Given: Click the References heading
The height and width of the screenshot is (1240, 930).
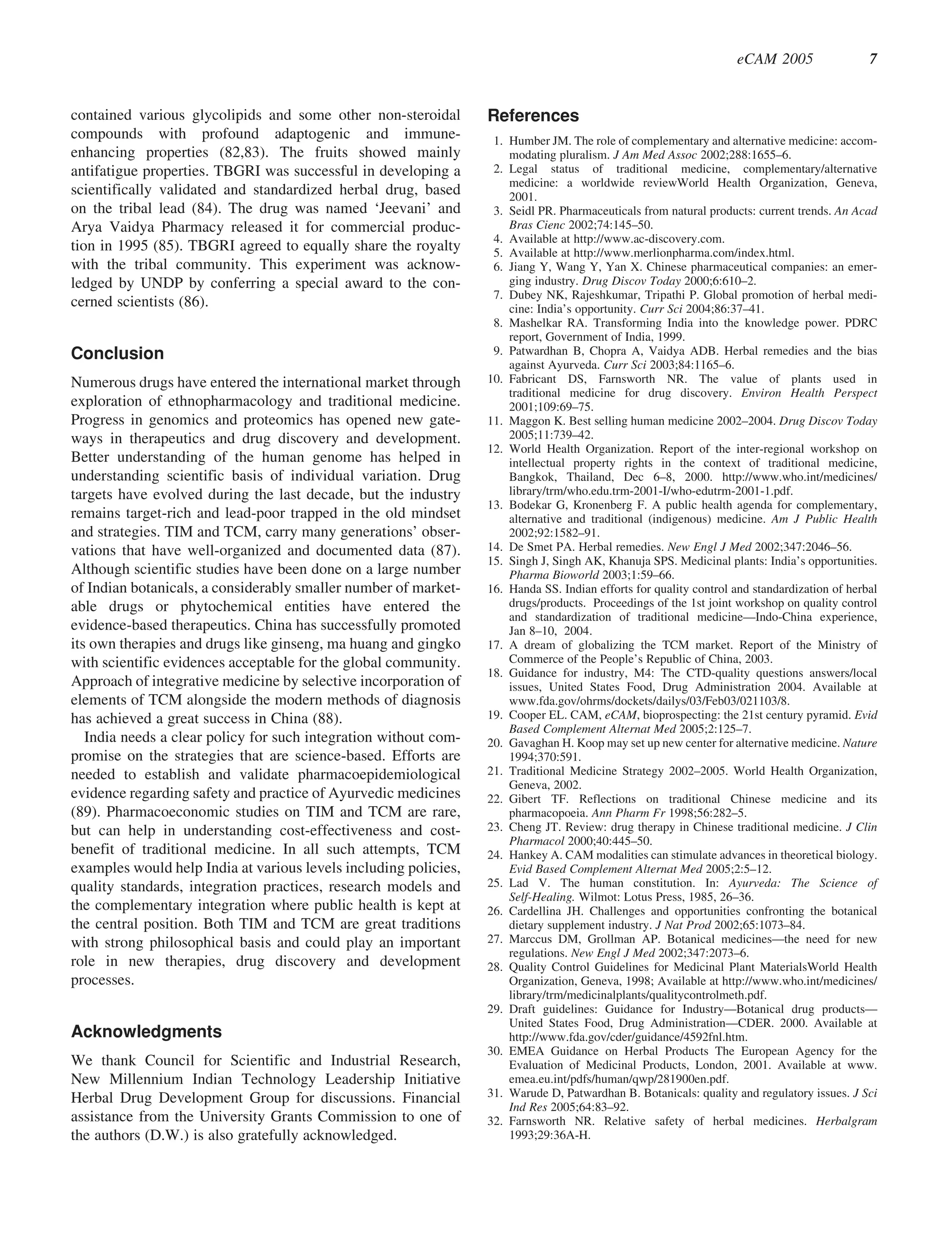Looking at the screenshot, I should tap(533, 116).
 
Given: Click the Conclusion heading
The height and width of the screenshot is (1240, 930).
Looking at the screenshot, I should tap(117, 354).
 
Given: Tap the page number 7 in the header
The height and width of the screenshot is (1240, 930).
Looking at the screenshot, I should tap(873, 59).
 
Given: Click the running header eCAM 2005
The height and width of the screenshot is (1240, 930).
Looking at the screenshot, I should tap(774, 59).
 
